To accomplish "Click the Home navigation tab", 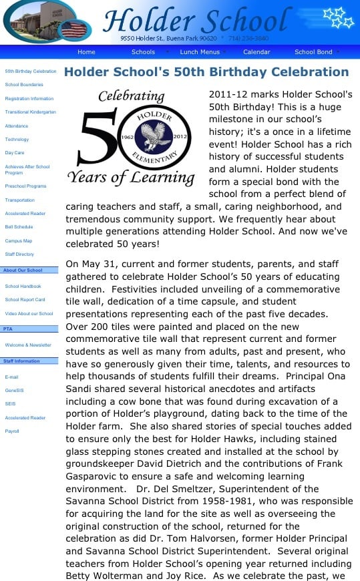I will pyautogui.click(x=86, y=52).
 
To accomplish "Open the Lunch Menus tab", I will pyautogui.click(x=199, y=52).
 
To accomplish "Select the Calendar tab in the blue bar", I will pyautogui.click(x=256, y=52).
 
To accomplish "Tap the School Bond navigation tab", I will pyautogui.click(x=313, y=52).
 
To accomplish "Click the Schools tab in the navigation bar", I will pyautogui.click(x=143, y=52).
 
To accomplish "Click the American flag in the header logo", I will pyautogui.click(x=74, y=30).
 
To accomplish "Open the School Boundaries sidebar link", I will pyautogui.click(x=24, y=85).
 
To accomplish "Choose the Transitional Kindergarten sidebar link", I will pyautogui.click(x=30, y=112).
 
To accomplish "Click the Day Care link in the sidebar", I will pyautogui.click(x=15, y=153).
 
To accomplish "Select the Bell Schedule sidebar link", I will pyautogui.click(x=19, y=227).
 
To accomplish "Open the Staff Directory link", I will pyautogui.click(x=19, y=254).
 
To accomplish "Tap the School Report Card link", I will pyautogui.click(x=25, y=300).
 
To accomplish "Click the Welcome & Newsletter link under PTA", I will pyautogui.click(x=28, y=345).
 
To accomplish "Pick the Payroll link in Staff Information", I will pyautogui.click(x=12, y=431).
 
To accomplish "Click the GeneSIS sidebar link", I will pyautogui.click(x=15, y=391).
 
